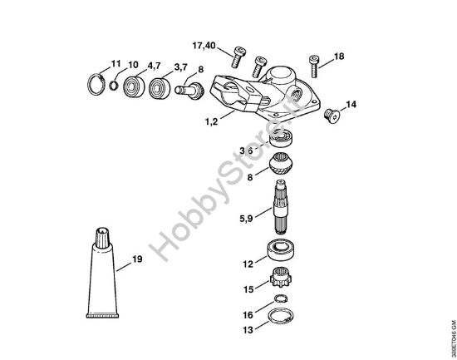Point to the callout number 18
(x=339, y=57)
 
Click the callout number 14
(x=351, y=105)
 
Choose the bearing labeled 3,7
(x=160, y=86)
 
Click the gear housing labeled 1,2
(x=262, y=92)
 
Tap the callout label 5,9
(x=246, y=219)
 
